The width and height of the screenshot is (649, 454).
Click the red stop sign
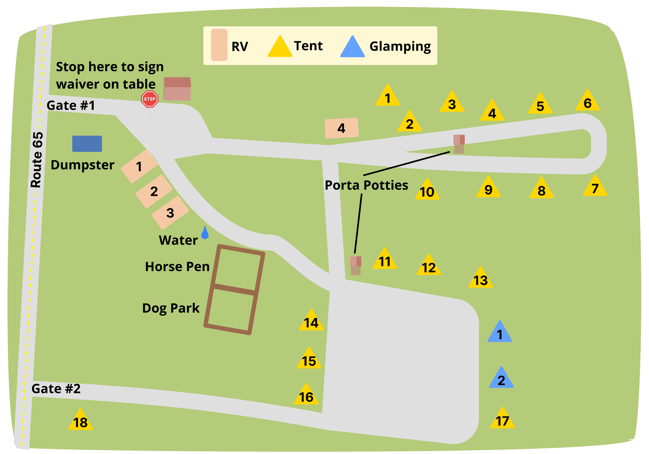tap(150, 99)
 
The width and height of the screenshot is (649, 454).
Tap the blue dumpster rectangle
tap(87, 144)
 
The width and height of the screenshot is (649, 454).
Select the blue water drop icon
tap(205, 233)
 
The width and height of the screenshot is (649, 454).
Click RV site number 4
tap(341, 128)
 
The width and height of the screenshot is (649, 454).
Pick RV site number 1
tap(139, 167)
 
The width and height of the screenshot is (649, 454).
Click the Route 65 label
tap(37, 160)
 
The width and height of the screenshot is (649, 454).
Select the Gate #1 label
tap(71, 106)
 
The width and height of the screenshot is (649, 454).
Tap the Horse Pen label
tap(177, 266)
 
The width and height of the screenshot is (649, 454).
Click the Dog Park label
tap(171, 308)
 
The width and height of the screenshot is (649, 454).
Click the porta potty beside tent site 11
tap(356, 265)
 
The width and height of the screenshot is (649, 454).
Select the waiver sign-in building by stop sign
tap(177, 89)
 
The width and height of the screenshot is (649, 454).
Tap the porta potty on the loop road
tap(459, 144)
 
